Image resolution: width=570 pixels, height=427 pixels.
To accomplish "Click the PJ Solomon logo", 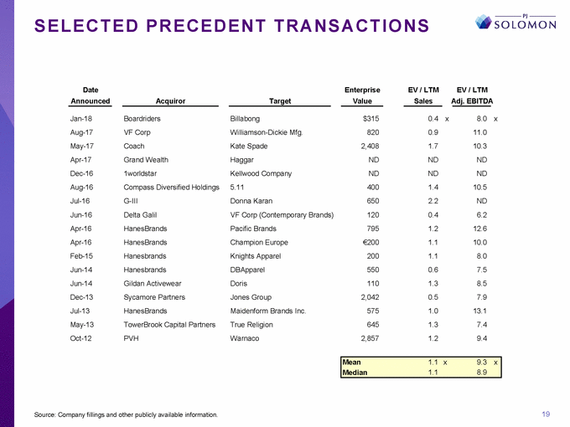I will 527,22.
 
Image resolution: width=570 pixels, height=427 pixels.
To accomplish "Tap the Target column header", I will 280,101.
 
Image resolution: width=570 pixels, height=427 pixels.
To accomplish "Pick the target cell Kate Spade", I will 250,146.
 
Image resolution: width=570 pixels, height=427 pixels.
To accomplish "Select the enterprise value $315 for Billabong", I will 370,119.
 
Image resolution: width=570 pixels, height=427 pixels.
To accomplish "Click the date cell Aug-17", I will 81,132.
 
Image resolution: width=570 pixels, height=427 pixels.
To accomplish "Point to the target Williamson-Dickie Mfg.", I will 265,132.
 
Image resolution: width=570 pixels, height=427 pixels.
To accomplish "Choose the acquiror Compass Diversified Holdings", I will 171,187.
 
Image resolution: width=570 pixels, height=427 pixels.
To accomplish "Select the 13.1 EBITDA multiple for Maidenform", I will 479,310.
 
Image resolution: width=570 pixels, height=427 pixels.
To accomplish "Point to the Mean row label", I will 351,363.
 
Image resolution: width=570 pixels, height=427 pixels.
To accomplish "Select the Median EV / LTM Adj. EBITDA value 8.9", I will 480,373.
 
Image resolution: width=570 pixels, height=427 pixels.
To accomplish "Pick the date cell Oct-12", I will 81,337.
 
